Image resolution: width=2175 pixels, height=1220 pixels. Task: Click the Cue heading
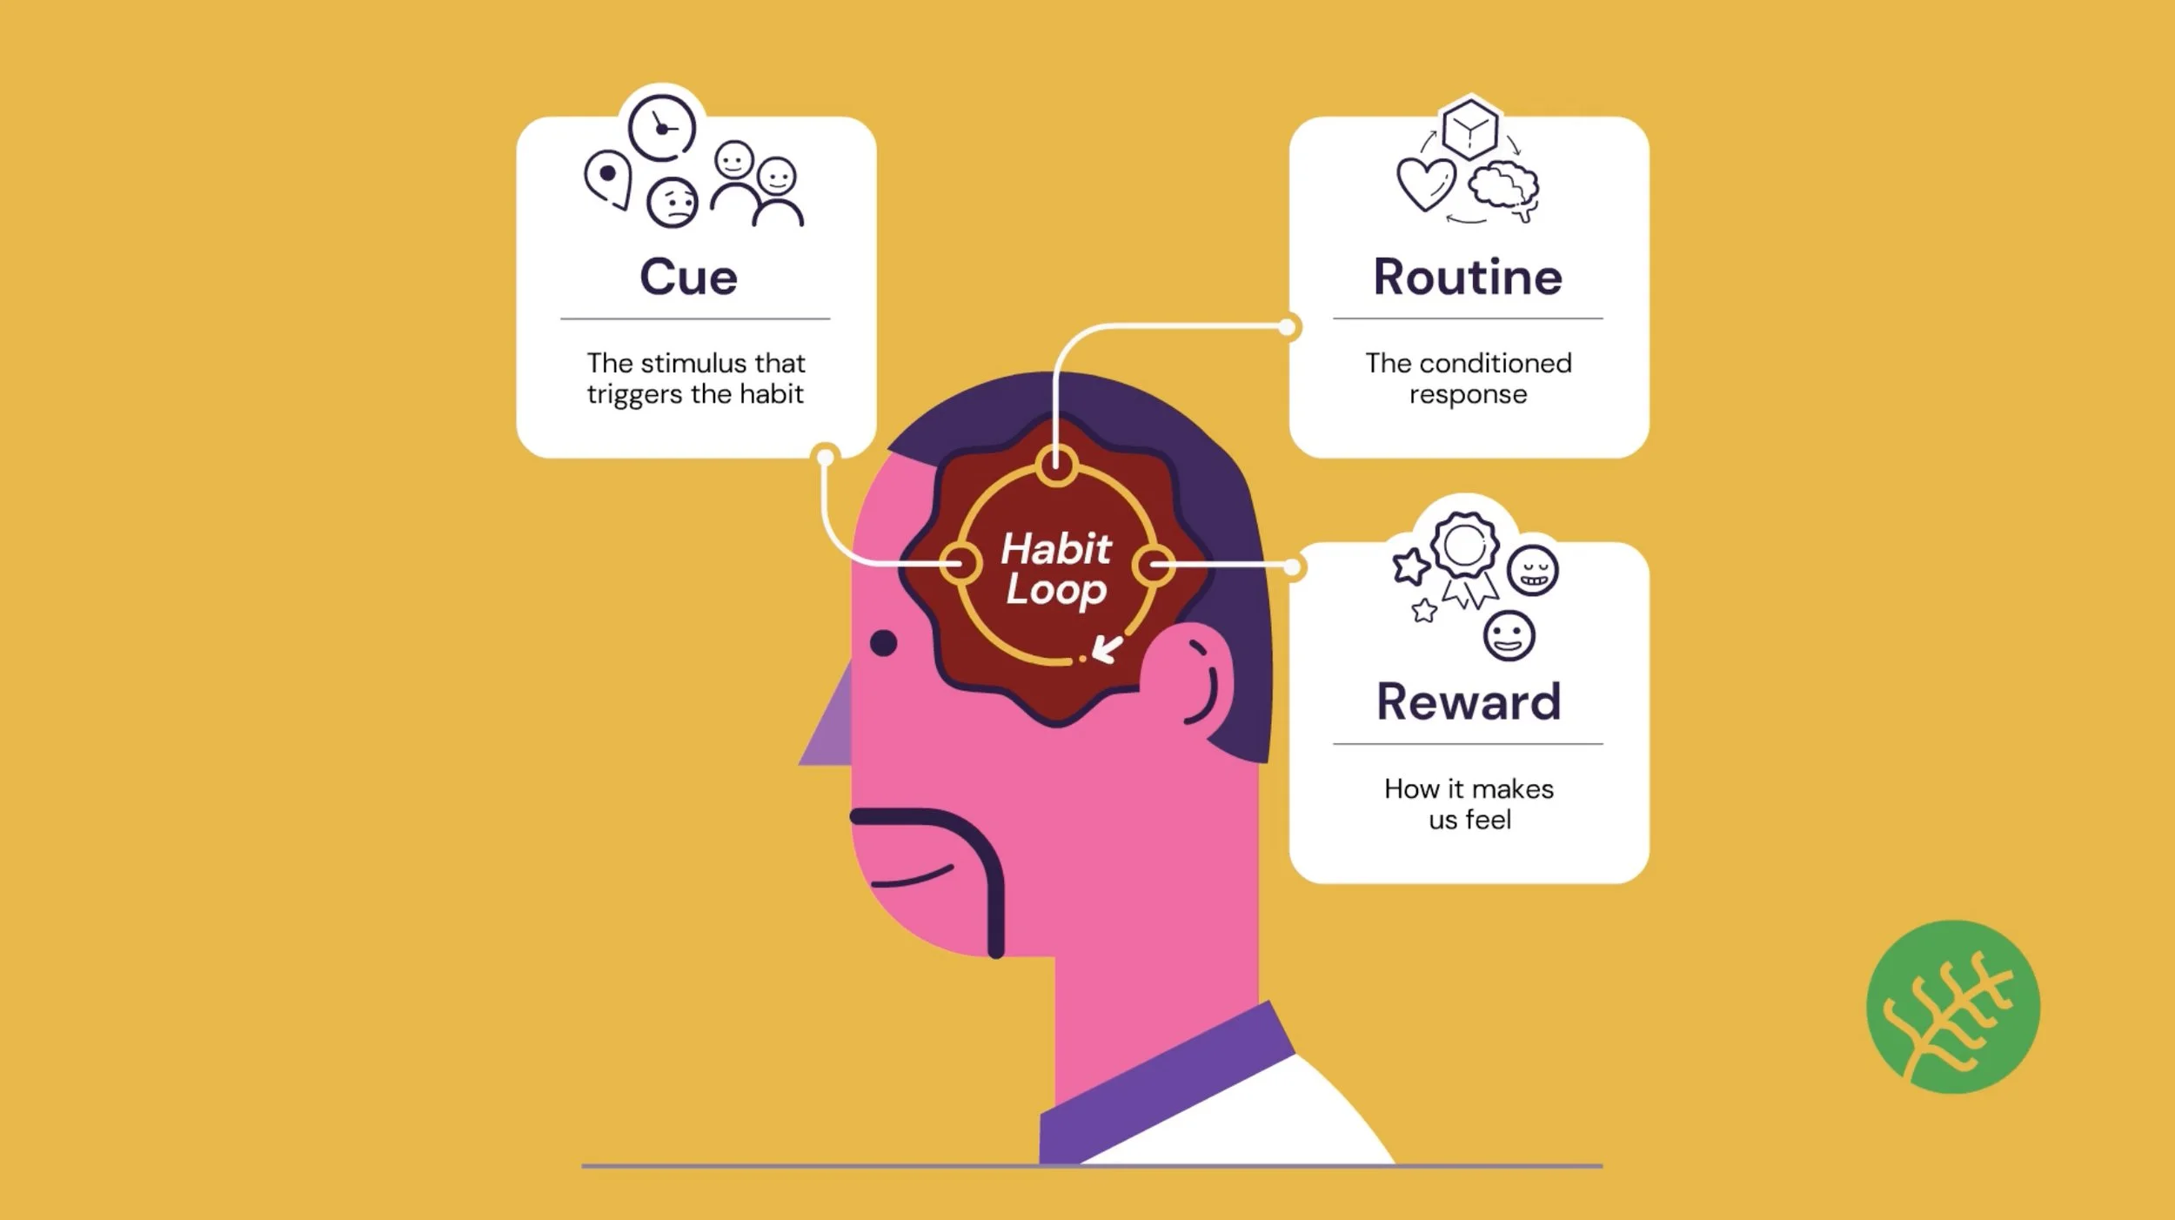click(x=688, y=278)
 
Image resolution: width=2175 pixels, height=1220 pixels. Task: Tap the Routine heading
click(x=1468, y=278)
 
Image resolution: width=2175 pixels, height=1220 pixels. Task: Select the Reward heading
click(x=1469, y=701)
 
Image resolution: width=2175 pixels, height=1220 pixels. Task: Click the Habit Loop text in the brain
click(x=1056, y=568)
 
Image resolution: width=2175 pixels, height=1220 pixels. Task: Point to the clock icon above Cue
click(x=662, y=129)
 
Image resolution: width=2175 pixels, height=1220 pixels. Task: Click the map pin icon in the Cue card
click(x=607, y=178)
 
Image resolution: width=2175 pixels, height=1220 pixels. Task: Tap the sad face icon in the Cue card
click(x=673, y=203)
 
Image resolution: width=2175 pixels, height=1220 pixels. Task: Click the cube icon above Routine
click(x=1469, y=129)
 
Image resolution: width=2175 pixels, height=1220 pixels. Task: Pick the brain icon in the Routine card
click(x=1504, y=188)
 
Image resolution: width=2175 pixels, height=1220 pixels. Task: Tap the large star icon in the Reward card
click(x=1410, y=566)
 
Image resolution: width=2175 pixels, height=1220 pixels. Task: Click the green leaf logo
click(x=1952, y=1007)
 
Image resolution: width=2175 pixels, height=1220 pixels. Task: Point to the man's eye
click(x=883, y=643)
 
